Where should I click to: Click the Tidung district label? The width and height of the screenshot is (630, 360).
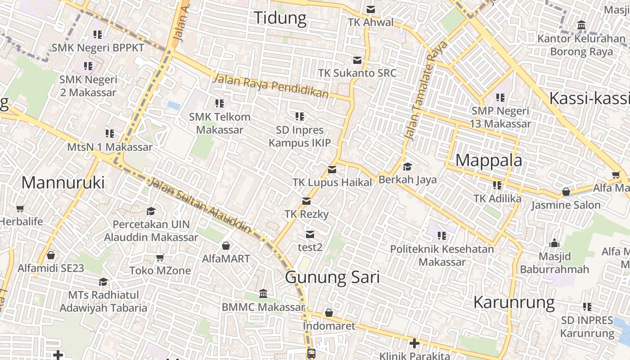coord(280,18)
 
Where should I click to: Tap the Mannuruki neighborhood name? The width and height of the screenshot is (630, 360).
coord(63,183)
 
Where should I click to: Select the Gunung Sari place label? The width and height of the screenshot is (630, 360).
coord(332,277)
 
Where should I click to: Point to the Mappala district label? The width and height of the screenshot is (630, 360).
coord(489,160)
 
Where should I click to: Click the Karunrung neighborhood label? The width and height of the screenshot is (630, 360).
coord(514,302)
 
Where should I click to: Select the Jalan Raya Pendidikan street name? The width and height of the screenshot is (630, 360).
coord(271,86)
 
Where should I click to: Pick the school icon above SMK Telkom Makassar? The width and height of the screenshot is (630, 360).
coord(219,104)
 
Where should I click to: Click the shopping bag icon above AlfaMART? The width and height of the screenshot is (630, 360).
coord(226,246)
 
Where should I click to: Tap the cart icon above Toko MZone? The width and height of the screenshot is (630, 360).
coord(160,258)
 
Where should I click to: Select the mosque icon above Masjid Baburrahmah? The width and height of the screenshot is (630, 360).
coord(554,243)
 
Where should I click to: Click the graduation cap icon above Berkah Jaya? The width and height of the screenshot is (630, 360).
coord(407,167)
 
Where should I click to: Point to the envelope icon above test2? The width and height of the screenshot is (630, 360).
coord(310,234)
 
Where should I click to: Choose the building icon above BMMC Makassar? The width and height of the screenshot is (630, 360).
coord(263,294)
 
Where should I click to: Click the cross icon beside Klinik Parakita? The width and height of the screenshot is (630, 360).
coord(414,344)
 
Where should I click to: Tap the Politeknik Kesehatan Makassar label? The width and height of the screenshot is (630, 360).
coord(442,255)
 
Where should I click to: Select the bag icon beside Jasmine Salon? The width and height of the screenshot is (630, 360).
coord(566,192)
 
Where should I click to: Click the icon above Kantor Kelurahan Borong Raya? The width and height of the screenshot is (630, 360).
coord(581,25)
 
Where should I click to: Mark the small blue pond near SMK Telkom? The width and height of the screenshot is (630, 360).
coord(173,105)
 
